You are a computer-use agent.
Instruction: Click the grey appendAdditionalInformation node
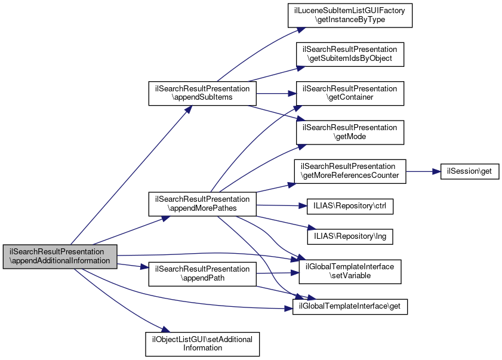pyautogui.click(x=60, y=256)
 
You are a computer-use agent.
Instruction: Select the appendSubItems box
pyautogui.click(x=202, y=93)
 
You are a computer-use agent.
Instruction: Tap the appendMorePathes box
pyautogui.click(x=202, y=204)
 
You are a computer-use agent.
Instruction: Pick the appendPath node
pyautogui.click(x=202, y=273)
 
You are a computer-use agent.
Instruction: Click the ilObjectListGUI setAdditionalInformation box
pyautogui.click(x=202, y=343)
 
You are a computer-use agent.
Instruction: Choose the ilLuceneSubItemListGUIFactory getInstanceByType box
pyautogui.click(x=350, y=15)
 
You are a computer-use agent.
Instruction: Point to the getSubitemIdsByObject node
pyautogui.click(x=350, y=53)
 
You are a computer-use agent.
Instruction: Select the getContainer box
pyautogui.click(x=350, y=93)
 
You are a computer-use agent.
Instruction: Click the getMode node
pyautogui.click(x=350, y=132)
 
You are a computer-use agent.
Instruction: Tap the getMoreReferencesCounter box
pyautogui.click(x=350, y=171)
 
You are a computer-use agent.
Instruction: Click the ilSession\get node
pyautogui.click(x=469, y=171)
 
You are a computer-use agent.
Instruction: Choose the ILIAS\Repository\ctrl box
pyautogui.click(x=350, y=206)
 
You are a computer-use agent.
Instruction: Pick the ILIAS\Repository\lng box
pyautogui.click(x=350, y=236)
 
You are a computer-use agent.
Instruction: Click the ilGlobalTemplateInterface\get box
pyautogui.click(x=350, y=307)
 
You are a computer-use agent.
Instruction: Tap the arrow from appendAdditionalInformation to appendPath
pyautogui.click(x=132, y=266)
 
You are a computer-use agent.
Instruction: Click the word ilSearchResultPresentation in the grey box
pyautogui.click(x=60, y=251)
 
